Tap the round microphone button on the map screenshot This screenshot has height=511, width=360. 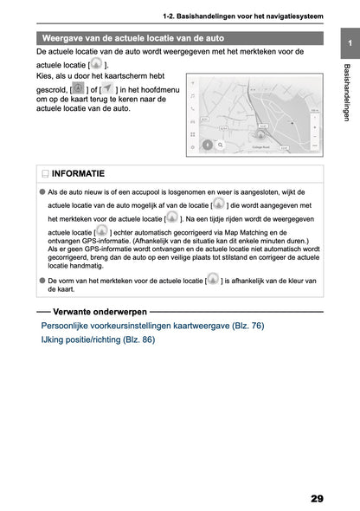pos(208,145)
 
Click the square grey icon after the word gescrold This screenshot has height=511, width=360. pos(78,89)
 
